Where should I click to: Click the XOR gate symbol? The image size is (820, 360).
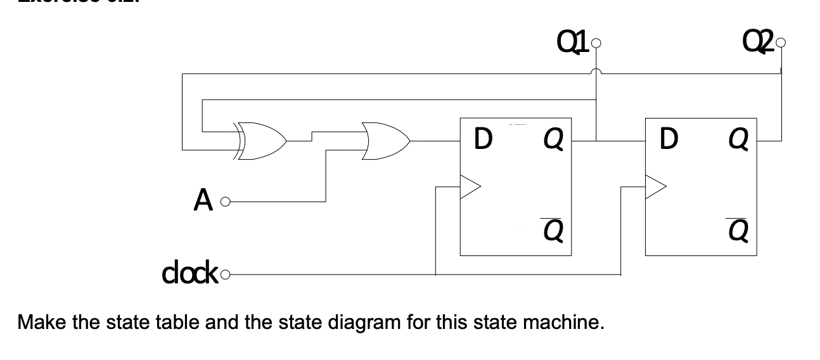pyautogui.click(x=261, y=139)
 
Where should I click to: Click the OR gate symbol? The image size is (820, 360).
pyautogui.click(x=386, y=139)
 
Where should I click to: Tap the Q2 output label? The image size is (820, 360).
pyautogui.click(x=756, y=46)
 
